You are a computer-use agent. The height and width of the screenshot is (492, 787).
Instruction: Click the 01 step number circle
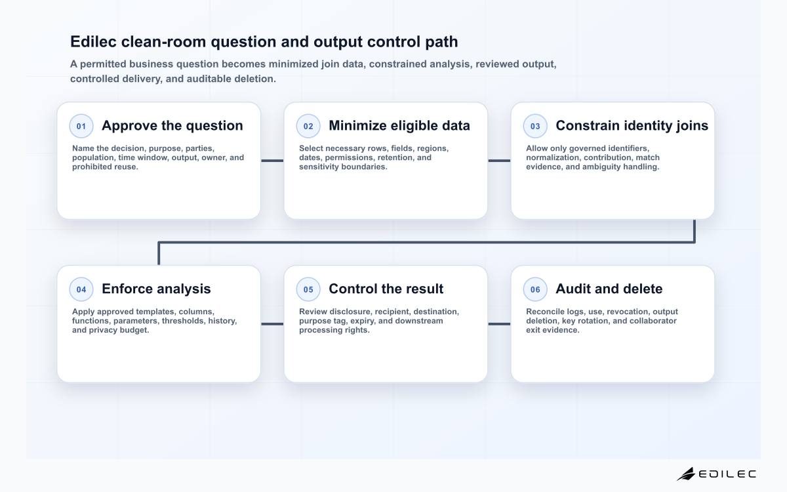[x=81, y=126]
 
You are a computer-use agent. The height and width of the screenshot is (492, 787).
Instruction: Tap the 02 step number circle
[x=308, y=126]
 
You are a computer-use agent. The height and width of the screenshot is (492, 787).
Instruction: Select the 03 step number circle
[x=535, y=126]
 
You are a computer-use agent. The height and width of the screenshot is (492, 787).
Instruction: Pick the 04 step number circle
[x=81, y=289]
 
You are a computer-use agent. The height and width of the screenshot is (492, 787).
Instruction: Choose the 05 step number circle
[x=308, y=289]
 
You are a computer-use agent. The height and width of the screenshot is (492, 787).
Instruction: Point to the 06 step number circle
[x=535, y=289]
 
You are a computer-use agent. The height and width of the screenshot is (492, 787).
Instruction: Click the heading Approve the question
[x=172, y=125]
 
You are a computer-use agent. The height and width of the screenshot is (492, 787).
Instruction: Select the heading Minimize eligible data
[x=399, y=125]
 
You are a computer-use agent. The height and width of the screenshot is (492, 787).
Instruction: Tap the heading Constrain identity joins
[x=632, y=125]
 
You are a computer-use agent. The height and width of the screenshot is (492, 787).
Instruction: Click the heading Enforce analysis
[x=156, y=289]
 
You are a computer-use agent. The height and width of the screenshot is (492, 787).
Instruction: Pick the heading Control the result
[x=386, y=289]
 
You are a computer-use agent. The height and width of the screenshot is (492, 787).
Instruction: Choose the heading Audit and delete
[x=609, y=289]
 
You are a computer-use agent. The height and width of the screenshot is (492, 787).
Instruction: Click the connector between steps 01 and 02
[x=272, y=161]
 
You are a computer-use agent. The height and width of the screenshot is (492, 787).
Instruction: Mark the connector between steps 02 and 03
[x=499, y=161]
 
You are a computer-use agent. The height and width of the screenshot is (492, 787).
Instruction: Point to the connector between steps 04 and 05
[x=272, y=324]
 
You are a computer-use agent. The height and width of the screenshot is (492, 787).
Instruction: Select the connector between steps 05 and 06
[x=499, y=324]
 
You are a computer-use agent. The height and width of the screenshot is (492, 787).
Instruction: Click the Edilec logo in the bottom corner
[x=716, y=474]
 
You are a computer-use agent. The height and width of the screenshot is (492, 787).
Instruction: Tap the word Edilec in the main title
[x=93, y=41]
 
